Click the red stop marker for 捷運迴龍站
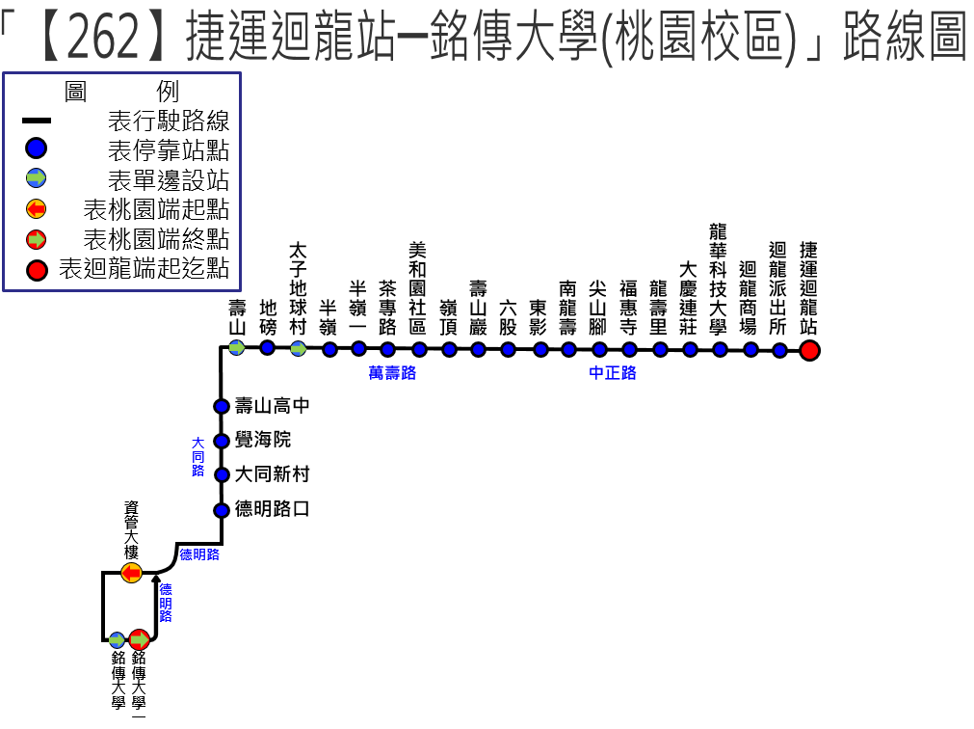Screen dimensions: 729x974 point(809,350)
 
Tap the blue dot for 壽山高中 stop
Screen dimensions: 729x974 point(221,406)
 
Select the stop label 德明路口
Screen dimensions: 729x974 point(272,509)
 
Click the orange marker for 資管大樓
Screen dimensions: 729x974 point(131,574)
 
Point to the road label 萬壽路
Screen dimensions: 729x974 point(392,373)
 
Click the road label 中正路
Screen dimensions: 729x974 point(613,373)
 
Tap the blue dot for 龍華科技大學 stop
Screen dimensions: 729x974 point(720,349)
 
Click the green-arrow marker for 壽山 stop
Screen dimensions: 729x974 point(237,347)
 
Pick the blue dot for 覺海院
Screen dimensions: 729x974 point(221,441)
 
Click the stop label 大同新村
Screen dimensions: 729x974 point(272,474)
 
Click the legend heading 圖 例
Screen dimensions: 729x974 point(120,93)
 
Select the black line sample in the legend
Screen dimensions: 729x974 point(37,121)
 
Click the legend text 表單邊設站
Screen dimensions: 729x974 point(169,179)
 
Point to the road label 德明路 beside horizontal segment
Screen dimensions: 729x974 point(199,554)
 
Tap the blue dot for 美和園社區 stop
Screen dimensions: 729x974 point(419,349)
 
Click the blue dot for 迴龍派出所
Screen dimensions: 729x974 point(779,350)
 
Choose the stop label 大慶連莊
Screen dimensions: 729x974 point(689,299)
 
